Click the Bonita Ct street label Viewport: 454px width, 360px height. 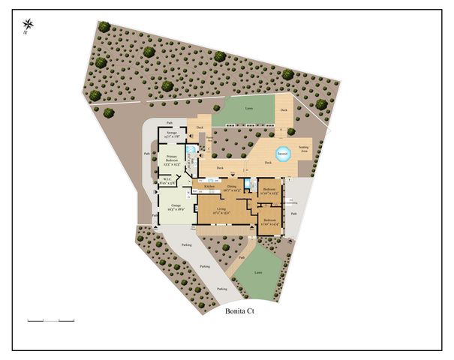(239, 315)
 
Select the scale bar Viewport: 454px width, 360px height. (51, 320)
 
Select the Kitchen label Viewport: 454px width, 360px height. (199, 186)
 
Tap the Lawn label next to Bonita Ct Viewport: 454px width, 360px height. (259, 272)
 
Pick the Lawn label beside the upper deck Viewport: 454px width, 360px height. (248, 109)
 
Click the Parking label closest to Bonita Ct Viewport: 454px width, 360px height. (221, 289)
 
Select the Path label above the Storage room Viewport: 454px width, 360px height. (170, 121)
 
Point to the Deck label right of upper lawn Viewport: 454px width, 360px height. (284, 110)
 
